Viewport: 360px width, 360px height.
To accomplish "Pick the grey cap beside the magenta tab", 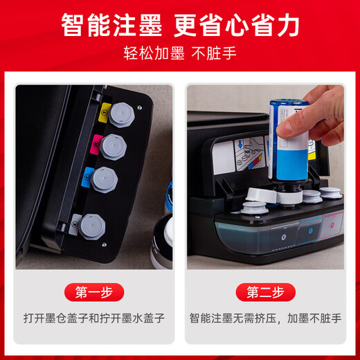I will [111, 145].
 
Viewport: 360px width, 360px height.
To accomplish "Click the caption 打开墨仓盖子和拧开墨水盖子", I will [93, 320].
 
